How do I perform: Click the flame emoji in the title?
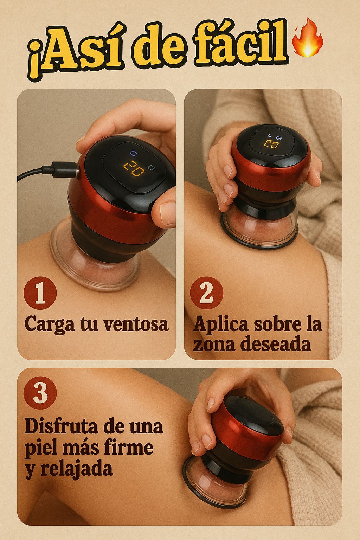308,37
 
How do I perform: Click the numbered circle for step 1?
40,293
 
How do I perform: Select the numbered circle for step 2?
207,293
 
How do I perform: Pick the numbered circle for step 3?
40,393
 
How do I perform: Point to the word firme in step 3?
130,448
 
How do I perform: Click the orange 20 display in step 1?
134,169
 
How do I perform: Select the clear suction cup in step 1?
95,261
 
